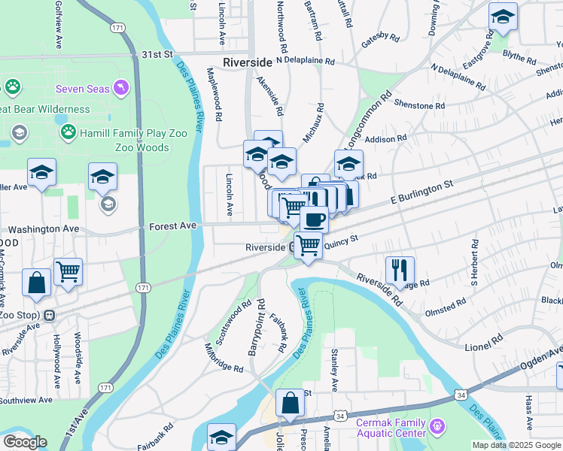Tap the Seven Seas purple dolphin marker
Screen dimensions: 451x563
(x=121, y=89)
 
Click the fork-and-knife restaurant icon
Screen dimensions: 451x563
(x=400, y=269)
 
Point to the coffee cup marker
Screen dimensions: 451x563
(x=314, y=219)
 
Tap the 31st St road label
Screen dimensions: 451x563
(x=158, y=55)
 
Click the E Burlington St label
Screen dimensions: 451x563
(x=421, y=193)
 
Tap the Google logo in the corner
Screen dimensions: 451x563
(x=24, y=442)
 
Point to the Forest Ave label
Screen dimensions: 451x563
(x=172, y=225)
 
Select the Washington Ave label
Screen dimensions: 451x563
(x=43, y=228)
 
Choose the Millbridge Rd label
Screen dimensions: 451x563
(x=224, y=358)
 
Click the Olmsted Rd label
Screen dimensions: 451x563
(x=445, y=307)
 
